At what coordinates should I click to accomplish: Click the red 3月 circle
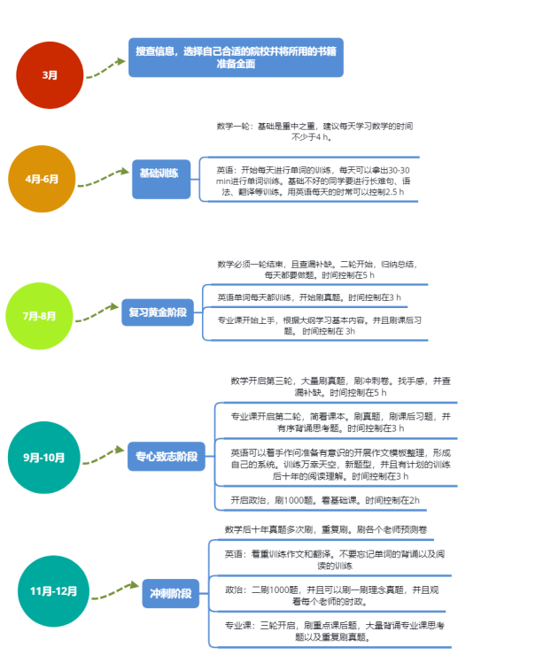pos(50,73)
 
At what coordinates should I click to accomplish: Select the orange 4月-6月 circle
pos(42,179)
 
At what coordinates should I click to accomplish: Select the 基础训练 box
pos(160,173)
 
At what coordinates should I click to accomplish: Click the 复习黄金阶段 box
pos(157,312)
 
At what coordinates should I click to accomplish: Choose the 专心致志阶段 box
pos(166,458)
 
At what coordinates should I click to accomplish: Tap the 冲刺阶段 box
pos(171,593)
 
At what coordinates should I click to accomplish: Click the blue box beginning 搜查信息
pos(234,58)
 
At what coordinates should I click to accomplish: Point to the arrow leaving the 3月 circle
pos(105,69)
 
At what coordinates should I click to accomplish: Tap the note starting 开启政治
pos(326,500)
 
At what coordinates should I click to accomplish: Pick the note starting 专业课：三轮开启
pos(333,630)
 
